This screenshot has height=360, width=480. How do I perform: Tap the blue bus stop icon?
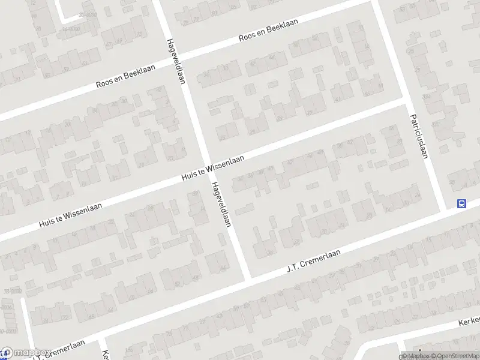click(461, 203)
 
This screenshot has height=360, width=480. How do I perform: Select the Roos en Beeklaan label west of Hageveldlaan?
click(125, 77)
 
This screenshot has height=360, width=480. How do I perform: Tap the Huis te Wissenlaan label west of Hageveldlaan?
click(70, 214)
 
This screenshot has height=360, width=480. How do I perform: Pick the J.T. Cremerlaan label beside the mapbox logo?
click(59, 352)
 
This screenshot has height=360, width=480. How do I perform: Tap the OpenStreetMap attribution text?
click(454, 356)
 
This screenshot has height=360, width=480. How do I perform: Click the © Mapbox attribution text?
click(416, 356)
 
